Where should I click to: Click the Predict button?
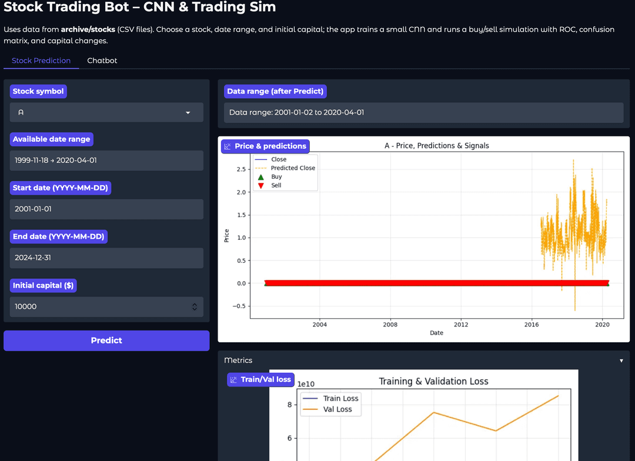106,340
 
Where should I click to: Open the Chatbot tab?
102,61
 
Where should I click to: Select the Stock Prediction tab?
41,61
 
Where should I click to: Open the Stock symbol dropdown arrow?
188,112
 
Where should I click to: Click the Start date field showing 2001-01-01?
106,209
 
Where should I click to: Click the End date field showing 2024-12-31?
106,258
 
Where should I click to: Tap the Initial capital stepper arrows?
195,306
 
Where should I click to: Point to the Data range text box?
423,112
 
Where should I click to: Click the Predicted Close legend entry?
292,168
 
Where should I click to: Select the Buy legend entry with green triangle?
276,176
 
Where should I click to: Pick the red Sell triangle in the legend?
261,185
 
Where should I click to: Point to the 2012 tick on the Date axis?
461,325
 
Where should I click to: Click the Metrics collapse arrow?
621,360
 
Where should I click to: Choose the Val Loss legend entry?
337,409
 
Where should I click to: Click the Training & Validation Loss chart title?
433,381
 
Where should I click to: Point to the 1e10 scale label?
306,384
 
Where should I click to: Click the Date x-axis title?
436,333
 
